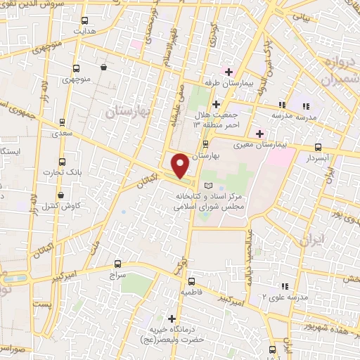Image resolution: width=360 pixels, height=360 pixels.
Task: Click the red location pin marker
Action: pyautogui.click(x=180, y=165)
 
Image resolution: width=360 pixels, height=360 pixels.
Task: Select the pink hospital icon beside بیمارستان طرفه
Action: pyautogui.click(x=227, y=71)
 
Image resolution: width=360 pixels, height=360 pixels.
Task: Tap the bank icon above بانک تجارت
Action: pyautogui.click(x=63, y=160)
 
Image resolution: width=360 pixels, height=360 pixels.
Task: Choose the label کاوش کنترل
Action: pyautogui.click(x=60, y=207)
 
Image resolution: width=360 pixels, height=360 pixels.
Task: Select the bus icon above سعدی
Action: pyautogui.click(x=63, y=122)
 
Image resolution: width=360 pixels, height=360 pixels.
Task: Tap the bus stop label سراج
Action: pyautogui.click(x=115, y=277)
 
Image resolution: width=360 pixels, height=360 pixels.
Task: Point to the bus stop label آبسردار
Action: pyautogui.click(x=318, y=160)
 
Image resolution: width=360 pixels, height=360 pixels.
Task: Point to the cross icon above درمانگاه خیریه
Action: pyautogui.click(x=172, y=318)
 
